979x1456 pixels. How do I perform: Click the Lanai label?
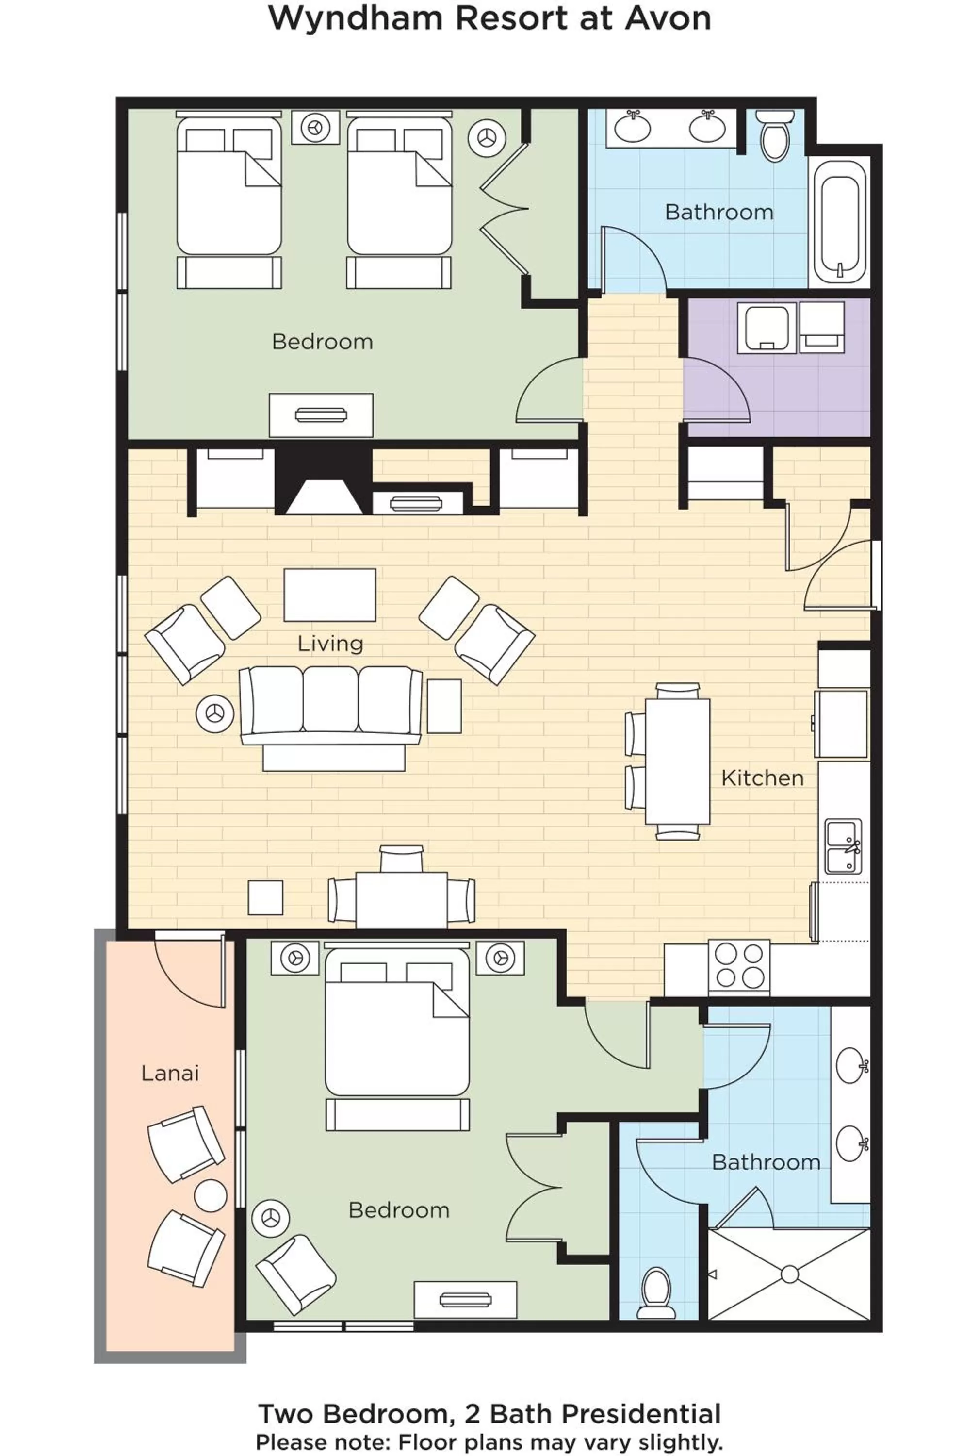[170, 1073]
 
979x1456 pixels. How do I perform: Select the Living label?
[330, 644]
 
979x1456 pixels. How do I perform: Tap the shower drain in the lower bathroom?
[789, 1274]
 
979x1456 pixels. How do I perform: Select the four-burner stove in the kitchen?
[739, 966]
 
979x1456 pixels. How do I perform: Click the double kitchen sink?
[842, 847]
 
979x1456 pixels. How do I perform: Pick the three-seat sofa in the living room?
[331, 706]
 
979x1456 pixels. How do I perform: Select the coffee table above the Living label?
[330, 595]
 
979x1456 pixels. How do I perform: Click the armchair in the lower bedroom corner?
[296, 1274]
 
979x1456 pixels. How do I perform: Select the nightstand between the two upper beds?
[315, 128]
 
